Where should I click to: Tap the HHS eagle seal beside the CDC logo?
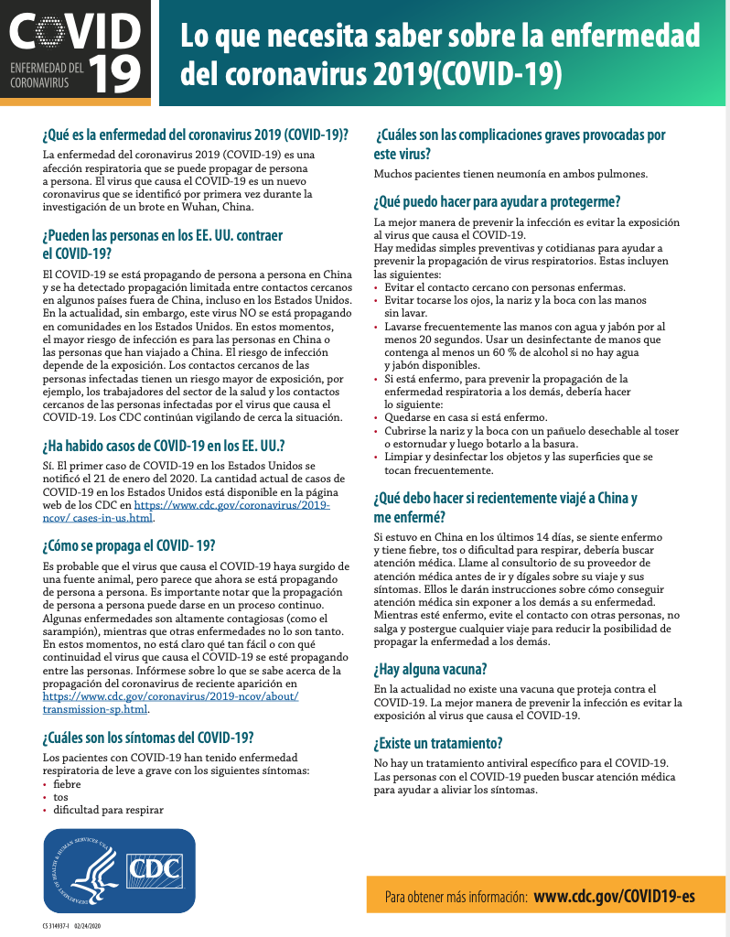point(83,869)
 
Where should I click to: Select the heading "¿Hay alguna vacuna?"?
point(430,669)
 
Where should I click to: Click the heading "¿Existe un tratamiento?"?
point(438,743)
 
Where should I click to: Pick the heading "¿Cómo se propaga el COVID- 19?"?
point(129,545)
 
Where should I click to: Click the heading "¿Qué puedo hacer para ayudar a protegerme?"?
point(498,201)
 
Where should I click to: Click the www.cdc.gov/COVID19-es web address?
point(614,896)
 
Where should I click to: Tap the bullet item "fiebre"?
point(67,784)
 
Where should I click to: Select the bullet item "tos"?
point(60,797)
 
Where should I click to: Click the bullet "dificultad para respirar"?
point(108,810)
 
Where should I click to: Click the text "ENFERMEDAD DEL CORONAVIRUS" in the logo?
point(46,75)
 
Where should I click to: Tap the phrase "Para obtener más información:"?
point(456,897)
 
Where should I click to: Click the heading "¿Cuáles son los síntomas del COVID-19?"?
point(148,738)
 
